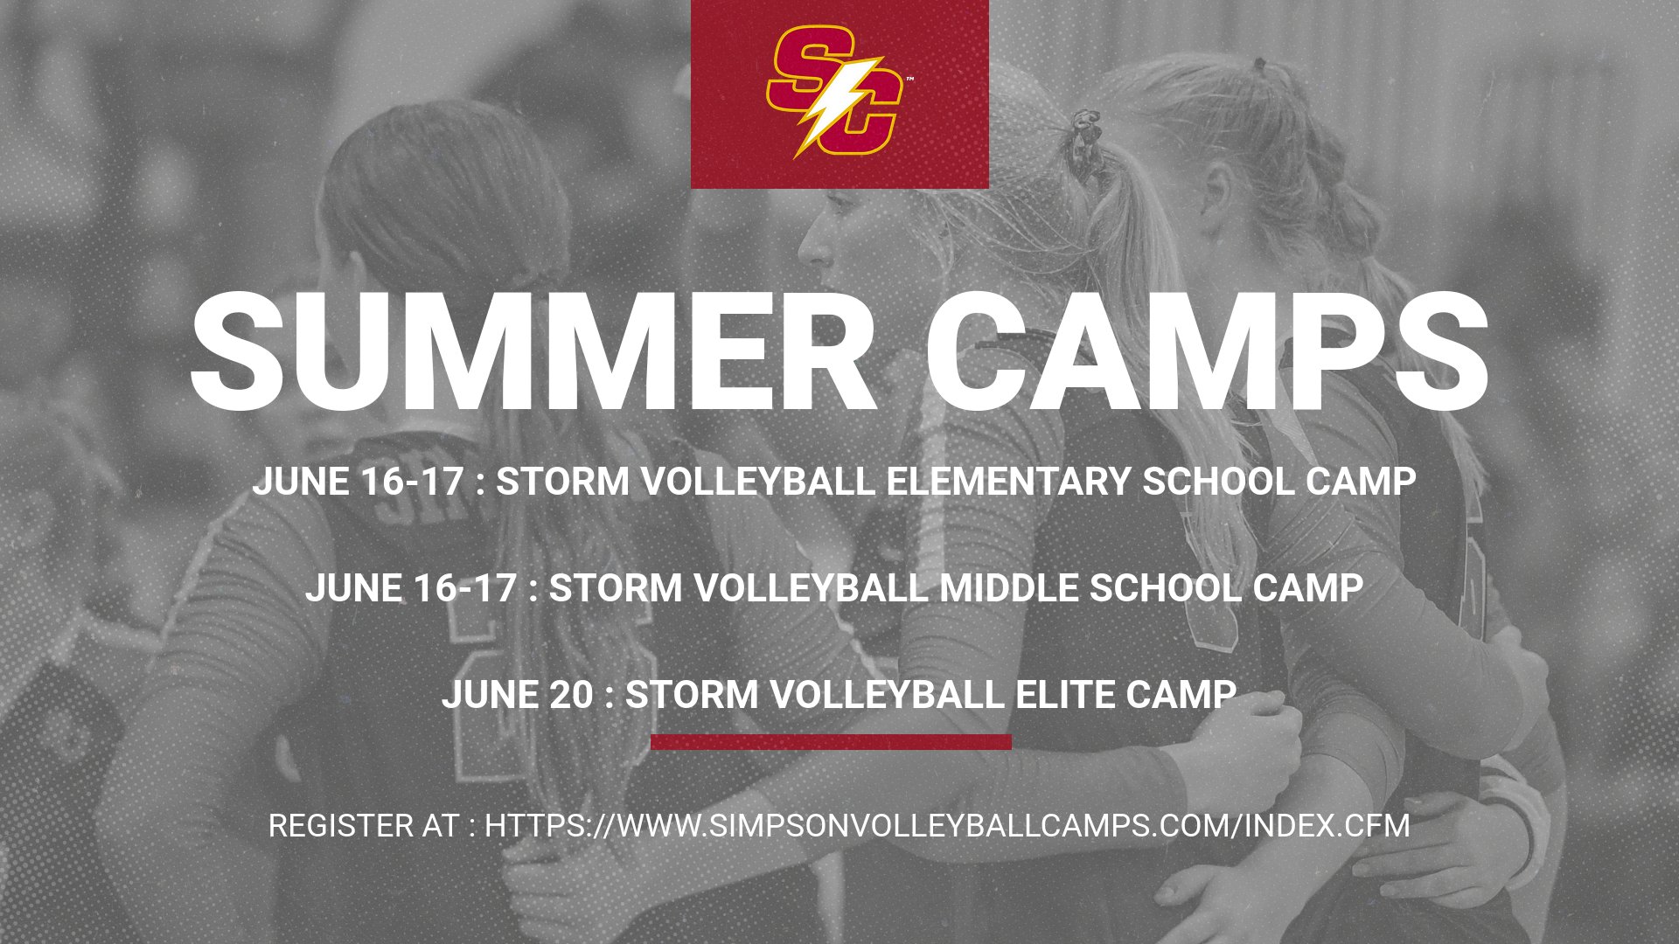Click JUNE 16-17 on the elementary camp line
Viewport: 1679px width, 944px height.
pos(358,482)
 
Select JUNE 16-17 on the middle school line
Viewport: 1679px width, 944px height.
pos(410,588)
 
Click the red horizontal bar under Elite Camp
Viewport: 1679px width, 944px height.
pos(831,742)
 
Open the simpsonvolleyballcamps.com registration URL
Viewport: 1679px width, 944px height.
pos(947,826)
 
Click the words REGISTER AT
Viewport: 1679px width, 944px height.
pos(363,826)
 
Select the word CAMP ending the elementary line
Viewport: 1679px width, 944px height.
pos(1361,482)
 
